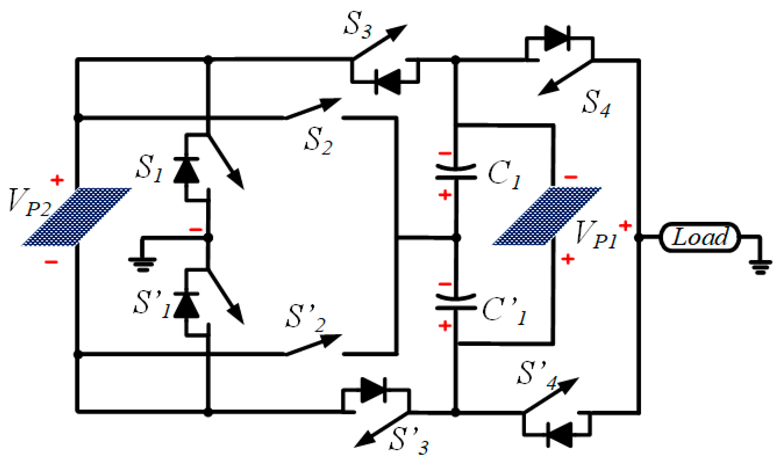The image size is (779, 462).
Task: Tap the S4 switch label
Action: click(x=596, y=104)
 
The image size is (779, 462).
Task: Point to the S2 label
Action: click(x=318, y=141)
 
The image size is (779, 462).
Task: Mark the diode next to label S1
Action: click(x=186, y=170)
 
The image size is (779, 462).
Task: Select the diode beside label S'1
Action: click(x=186, y=305)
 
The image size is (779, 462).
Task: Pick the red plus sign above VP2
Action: click(x=57, y=180)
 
